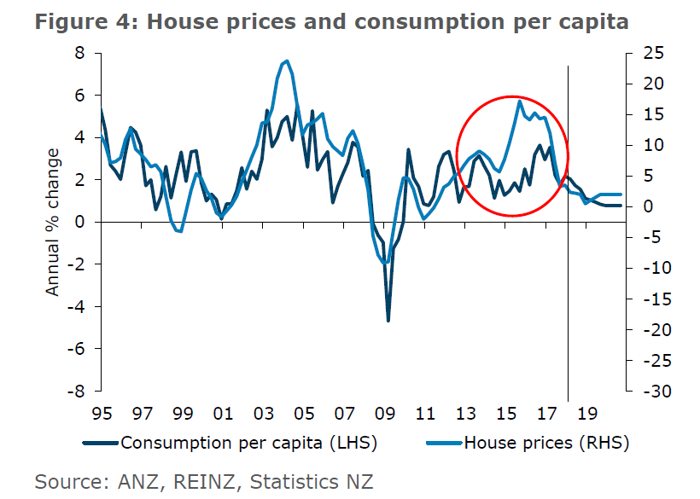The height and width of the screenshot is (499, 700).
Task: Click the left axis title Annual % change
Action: point(54,222)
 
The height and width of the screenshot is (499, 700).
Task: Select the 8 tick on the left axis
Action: point(81,54)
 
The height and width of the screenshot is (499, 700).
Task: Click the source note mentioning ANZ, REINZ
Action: point(204,481)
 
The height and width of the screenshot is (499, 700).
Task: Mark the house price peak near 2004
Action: point(287,61)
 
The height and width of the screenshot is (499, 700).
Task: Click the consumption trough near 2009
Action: point(388,321)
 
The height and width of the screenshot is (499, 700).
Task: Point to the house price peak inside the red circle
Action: point(519,101)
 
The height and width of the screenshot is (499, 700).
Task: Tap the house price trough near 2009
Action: point(386,263)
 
